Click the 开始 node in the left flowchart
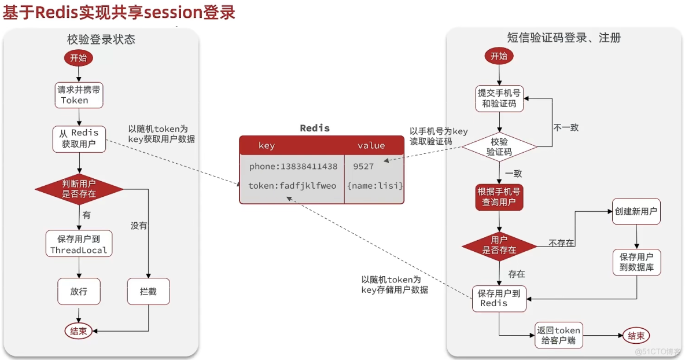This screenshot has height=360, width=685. tap(79, 58)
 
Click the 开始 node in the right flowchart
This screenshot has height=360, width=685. tap(499, 56)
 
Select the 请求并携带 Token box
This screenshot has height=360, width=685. tap(79, 95)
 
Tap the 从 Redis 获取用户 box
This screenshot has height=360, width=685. tap(79, 139)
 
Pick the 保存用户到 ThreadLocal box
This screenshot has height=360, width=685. tap(79, 244)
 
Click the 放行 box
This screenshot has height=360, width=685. tap(79, 292)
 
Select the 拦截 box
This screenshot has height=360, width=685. tap(148, 292)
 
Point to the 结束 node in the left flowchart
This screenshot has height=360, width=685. tap(79, 331)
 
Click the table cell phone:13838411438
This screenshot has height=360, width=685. tap(293, 167)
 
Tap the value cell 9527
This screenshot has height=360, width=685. tap(363, 167)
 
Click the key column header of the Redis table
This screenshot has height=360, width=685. tap(267, 146)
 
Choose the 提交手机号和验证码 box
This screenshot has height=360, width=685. tap(499, 98)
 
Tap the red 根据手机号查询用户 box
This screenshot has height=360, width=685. tap(499, 197)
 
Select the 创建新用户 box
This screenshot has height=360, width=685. tap(636, 212)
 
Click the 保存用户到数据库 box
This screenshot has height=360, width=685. tap(636, 262)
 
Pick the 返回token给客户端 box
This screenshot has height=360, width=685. tap(558, 335)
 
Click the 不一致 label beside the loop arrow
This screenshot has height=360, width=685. tap(565, 127)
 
